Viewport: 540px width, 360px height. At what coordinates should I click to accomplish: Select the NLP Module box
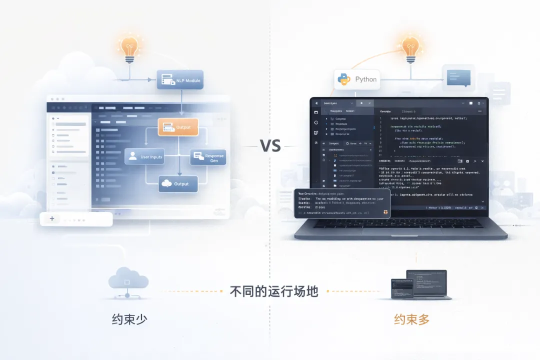pyautogui.click(x=180, y=80)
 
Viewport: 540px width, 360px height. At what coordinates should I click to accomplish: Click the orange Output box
pyautogui.click(x=178, y=127)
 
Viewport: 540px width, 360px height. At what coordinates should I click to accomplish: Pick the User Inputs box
pyautogui.click(x=144, y=156)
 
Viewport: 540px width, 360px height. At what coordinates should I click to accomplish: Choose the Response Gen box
pyautogui.click(x=208, y=157)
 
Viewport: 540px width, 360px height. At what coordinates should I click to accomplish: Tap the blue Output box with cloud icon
pyautogui.click(x=178, y=184)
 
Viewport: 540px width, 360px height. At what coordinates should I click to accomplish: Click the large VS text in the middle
pyautogui.click(x=270, y=146)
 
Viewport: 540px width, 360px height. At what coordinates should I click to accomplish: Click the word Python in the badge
pyautogui.click(x=366, y=79)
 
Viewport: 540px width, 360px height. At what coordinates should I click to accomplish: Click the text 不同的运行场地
pyautogui.click(x=274, y=291)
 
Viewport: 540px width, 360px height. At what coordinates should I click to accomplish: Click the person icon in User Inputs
pyautogui.click(x=132, y=156)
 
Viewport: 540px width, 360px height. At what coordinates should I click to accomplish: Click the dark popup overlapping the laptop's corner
pyautogui.click(x=342, y=203)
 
